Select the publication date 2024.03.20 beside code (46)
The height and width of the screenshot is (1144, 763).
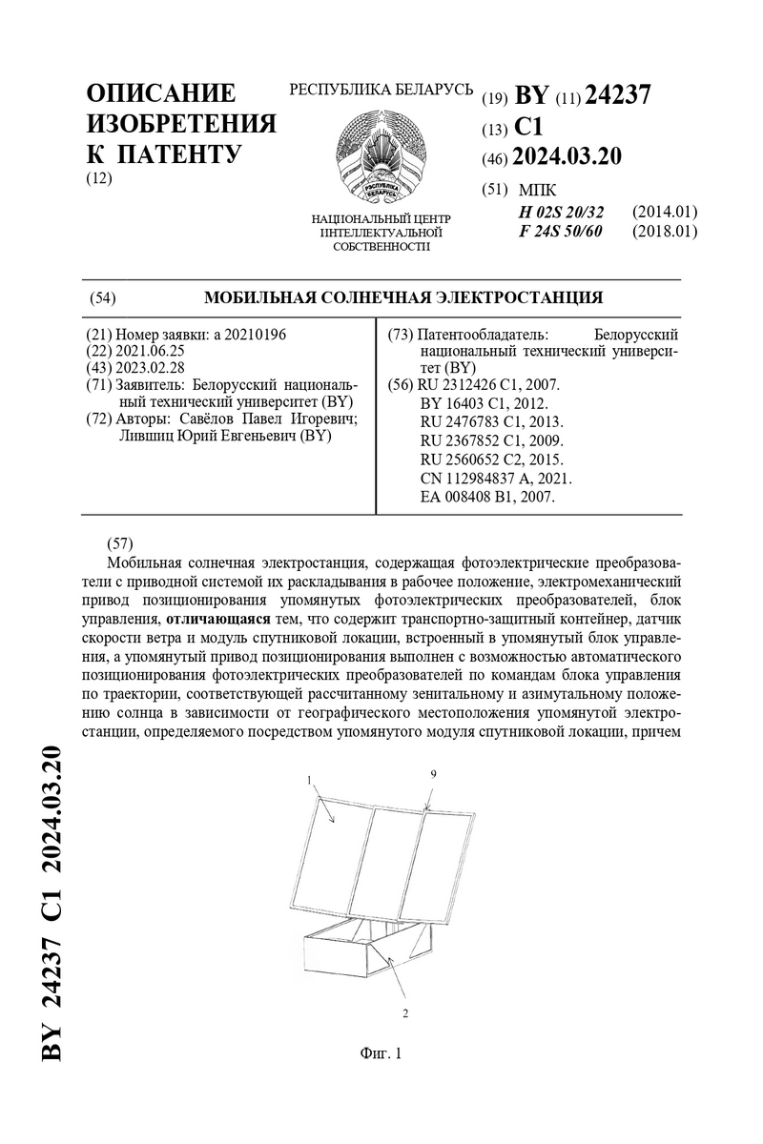(567, 156)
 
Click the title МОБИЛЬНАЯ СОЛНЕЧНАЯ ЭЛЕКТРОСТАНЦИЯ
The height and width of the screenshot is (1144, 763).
(403, 297)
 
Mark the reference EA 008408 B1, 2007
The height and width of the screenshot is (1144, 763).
(486, 496)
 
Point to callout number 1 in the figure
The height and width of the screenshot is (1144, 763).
(311, 780)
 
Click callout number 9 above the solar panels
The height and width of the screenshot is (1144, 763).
(433, 776)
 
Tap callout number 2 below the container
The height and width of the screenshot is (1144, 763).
(405, 1013)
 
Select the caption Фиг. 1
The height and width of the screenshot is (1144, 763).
(381, 1053)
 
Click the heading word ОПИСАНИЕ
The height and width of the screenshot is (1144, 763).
(160, 94)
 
